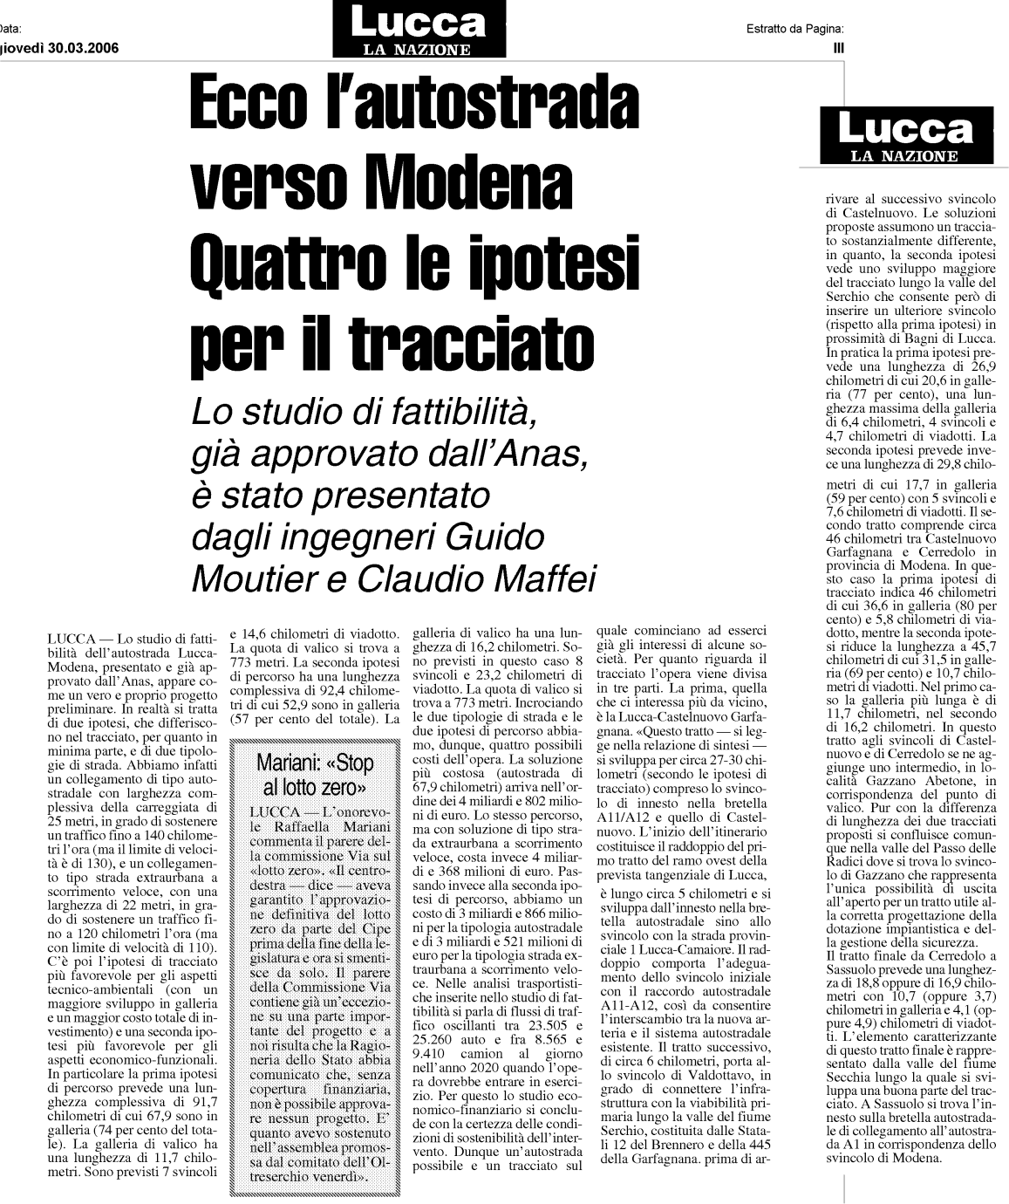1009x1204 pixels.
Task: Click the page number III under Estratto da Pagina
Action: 839,48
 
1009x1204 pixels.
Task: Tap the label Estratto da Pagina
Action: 788,29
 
